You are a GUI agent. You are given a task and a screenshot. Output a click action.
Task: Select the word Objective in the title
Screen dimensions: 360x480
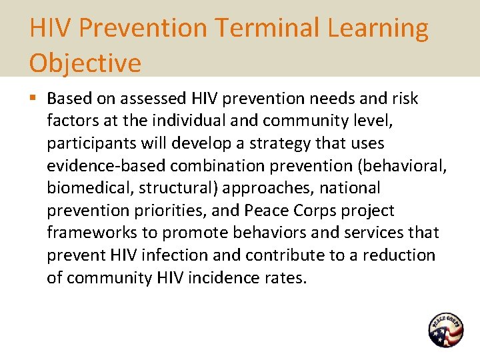coord(85,63)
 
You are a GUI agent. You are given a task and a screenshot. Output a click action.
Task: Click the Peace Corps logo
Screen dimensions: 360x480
coord(445,330)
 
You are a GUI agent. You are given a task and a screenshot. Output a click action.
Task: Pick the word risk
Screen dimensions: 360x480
coord(403,99)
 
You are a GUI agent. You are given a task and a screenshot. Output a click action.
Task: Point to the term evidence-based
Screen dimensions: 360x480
coord(97,166)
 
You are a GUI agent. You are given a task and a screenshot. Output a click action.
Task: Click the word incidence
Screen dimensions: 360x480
coord(219,278)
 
